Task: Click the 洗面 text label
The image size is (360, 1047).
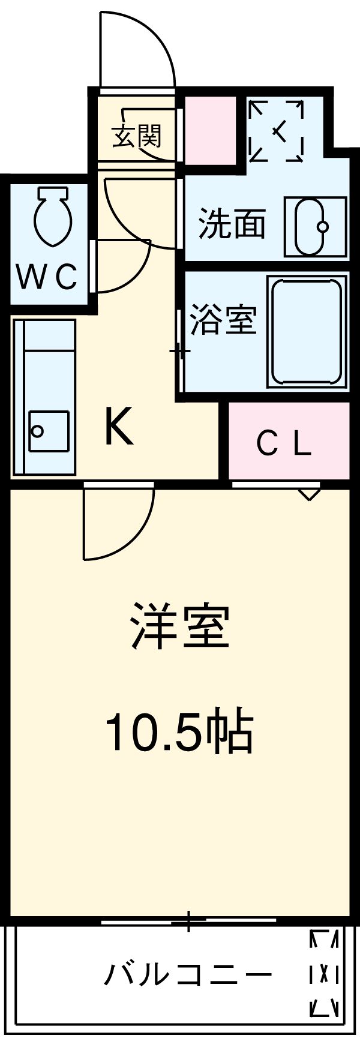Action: (x=232, y=224)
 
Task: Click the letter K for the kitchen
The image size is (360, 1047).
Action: (x=119, y=427)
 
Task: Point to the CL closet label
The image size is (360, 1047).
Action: (x=284, y=444)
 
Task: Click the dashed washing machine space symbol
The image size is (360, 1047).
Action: (x=276, y=131)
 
